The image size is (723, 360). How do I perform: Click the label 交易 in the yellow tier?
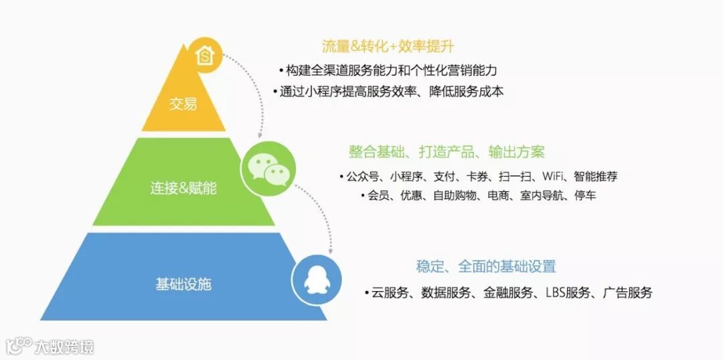tap(183, 104)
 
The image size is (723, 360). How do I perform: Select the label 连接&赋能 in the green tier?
tap(183, 188)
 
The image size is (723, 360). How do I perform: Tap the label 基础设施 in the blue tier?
tap(183, 284)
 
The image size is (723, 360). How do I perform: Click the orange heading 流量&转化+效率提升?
tap(388, 47)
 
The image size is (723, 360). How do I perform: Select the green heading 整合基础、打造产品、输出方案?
tap(447, 151)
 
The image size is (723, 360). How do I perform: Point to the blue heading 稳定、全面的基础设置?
tap(486, 266)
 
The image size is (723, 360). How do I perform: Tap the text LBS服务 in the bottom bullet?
tap(568, 292)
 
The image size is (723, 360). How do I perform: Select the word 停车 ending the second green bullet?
tap(584, 195)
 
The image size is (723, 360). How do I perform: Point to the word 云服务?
tap(390, 292)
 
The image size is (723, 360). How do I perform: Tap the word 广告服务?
tap(627, 292)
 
